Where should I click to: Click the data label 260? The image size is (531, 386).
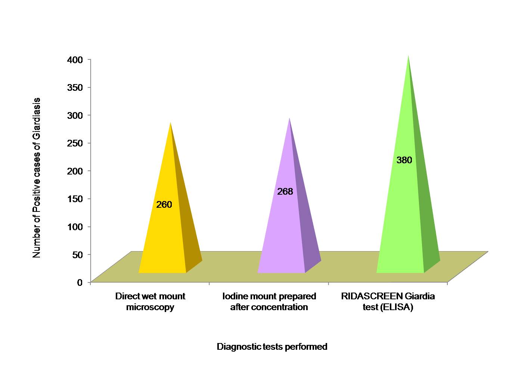click(164, 205)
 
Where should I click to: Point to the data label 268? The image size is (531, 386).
click(285, 192)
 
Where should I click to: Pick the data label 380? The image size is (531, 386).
click(404, 160)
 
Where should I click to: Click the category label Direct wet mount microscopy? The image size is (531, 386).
click(150, 302)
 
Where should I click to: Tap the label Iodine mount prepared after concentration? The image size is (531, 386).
click(269, 302)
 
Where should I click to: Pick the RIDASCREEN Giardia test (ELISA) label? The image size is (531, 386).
click(388, 302)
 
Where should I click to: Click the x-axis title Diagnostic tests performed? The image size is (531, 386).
click(272, 347)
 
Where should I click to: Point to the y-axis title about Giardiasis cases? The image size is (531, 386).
click(37, 177)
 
